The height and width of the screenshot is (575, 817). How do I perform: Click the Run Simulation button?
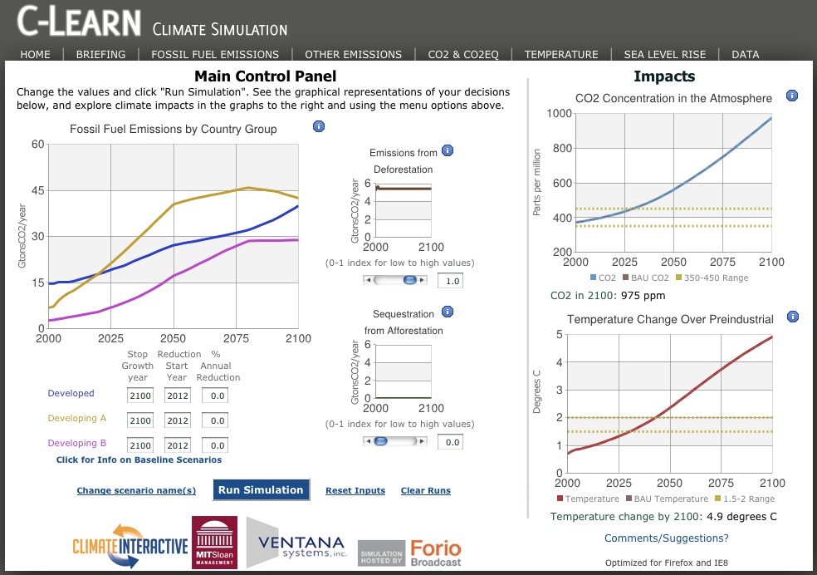click(261, 490)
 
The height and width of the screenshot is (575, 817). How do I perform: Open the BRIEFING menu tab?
click(100, 55)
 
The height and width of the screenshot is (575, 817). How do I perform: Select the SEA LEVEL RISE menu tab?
click(664, 55)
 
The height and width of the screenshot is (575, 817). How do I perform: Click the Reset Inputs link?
click(355, 491)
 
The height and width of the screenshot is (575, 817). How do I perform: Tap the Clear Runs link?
click(425, 491)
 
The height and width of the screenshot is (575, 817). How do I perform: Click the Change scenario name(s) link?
click(136, 491)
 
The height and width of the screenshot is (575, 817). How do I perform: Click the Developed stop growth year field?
click(140, 396)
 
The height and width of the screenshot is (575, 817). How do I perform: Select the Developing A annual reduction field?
click(216, 421)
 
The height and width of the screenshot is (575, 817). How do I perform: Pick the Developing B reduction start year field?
click(178, 445)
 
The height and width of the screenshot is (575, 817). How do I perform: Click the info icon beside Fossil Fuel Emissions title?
click(318, 126)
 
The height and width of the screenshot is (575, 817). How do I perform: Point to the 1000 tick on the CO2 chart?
click(561, 113)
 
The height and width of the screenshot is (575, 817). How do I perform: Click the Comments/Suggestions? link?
click(667, 538)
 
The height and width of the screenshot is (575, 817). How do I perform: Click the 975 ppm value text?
click(642, 296)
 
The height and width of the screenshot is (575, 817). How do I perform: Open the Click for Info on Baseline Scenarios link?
click(139, 460)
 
